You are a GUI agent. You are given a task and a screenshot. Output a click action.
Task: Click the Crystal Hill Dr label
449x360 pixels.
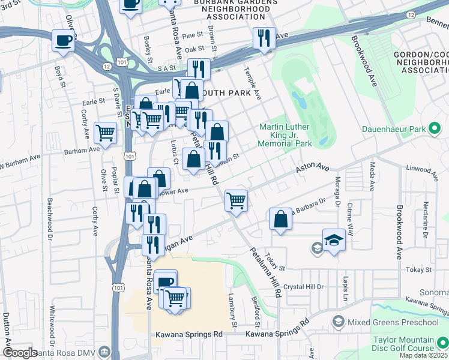coord(304,287)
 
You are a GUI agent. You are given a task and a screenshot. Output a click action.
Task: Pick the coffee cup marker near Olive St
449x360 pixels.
coord(64,41)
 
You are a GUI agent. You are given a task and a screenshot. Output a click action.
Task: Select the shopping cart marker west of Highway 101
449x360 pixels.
coord(106,133)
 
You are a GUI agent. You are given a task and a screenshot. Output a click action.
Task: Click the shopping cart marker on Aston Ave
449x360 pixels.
coord(237,200)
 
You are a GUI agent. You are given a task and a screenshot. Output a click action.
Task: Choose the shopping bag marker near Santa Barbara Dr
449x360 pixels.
coord(280,219)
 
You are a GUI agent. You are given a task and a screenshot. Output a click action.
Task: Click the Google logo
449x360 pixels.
coord(20,353)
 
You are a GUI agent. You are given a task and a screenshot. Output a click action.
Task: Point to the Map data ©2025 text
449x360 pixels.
coord(423,355)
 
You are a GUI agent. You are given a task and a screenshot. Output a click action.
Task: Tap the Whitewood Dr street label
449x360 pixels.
coord(52,323)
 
